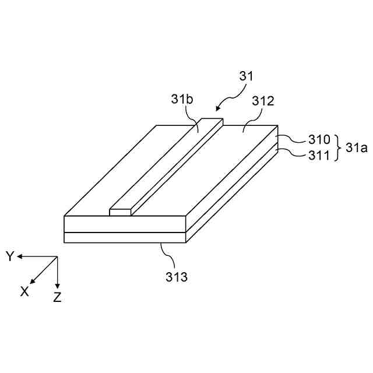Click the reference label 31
(x=247, y=76)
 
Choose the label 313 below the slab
(x=176, y=277)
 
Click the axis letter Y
(x=10, y=256)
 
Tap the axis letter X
(x=24, y=291)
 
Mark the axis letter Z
(x=57, y=297)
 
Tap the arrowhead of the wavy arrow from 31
(x=217, y=108)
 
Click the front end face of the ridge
(x=120, y=212)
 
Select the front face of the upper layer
(x=125, y=224)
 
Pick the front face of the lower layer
(x=125, y=238)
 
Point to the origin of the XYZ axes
(x=57, y=257)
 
